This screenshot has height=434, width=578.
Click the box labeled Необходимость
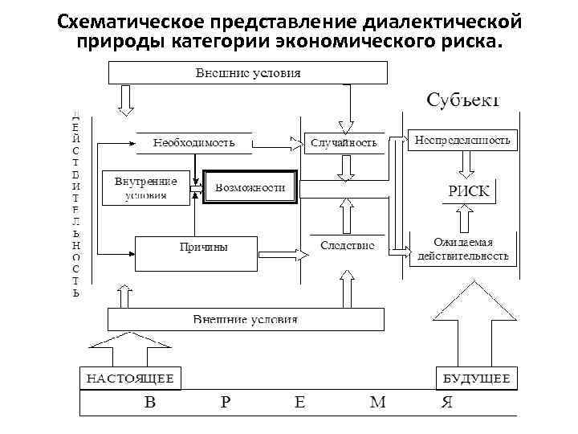[x=194, y=143]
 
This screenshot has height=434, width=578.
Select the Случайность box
[x=343, y=143]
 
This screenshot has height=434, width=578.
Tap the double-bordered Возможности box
[x=250, y=187]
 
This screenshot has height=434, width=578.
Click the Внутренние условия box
[x=145, y=188]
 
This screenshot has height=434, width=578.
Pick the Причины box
[x=197, y=252]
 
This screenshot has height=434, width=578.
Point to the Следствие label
[x=347, y=245]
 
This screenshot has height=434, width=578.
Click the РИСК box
[x=467, y=191]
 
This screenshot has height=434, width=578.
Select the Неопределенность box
[x=462, y=141]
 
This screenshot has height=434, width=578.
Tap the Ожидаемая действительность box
[x=462, y=249]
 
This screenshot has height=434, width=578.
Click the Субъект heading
[x=462, y=100]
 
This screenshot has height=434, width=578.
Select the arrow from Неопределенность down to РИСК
[x=466, y=166]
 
